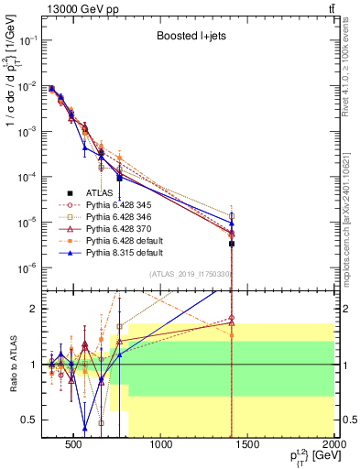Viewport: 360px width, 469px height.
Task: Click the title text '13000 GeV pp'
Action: [x=76, y=9]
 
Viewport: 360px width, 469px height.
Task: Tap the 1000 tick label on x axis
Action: [x=162, y=447]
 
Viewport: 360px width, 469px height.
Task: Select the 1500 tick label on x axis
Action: [x=249, y=447]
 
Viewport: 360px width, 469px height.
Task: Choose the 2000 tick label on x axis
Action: [x=333, y=447]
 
